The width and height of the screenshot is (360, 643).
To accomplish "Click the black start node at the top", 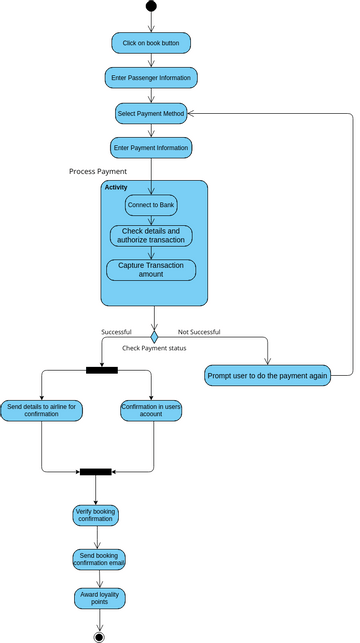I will point(151,7).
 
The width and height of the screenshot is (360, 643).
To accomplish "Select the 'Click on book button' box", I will point(151,43).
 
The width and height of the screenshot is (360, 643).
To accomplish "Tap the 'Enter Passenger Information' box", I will point(151,77).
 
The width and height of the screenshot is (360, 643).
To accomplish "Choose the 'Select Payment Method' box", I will point(151,113).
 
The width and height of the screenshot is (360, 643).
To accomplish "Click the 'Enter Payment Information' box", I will point(151,148).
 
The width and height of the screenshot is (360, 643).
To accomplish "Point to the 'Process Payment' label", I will point(98,172).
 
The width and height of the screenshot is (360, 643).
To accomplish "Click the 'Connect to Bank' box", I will point(151,205).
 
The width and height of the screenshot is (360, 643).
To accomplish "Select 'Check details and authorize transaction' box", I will point(151,236).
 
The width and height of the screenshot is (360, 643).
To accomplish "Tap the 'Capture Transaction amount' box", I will point(151,270).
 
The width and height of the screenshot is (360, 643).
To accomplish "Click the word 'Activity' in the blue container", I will point(116,188).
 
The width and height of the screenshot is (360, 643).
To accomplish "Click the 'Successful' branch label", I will point(116,332).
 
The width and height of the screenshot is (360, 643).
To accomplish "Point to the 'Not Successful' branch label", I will point(199,332).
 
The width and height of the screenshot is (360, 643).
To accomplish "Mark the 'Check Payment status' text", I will point(154,348).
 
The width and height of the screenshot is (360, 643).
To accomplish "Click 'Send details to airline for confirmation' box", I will point(42,411).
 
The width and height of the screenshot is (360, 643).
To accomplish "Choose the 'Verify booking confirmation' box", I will point(95,515).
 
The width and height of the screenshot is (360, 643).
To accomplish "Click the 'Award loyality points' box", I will point(98,598).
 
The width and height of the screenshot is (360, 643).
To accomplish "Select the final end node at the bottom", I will point(99,636).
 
